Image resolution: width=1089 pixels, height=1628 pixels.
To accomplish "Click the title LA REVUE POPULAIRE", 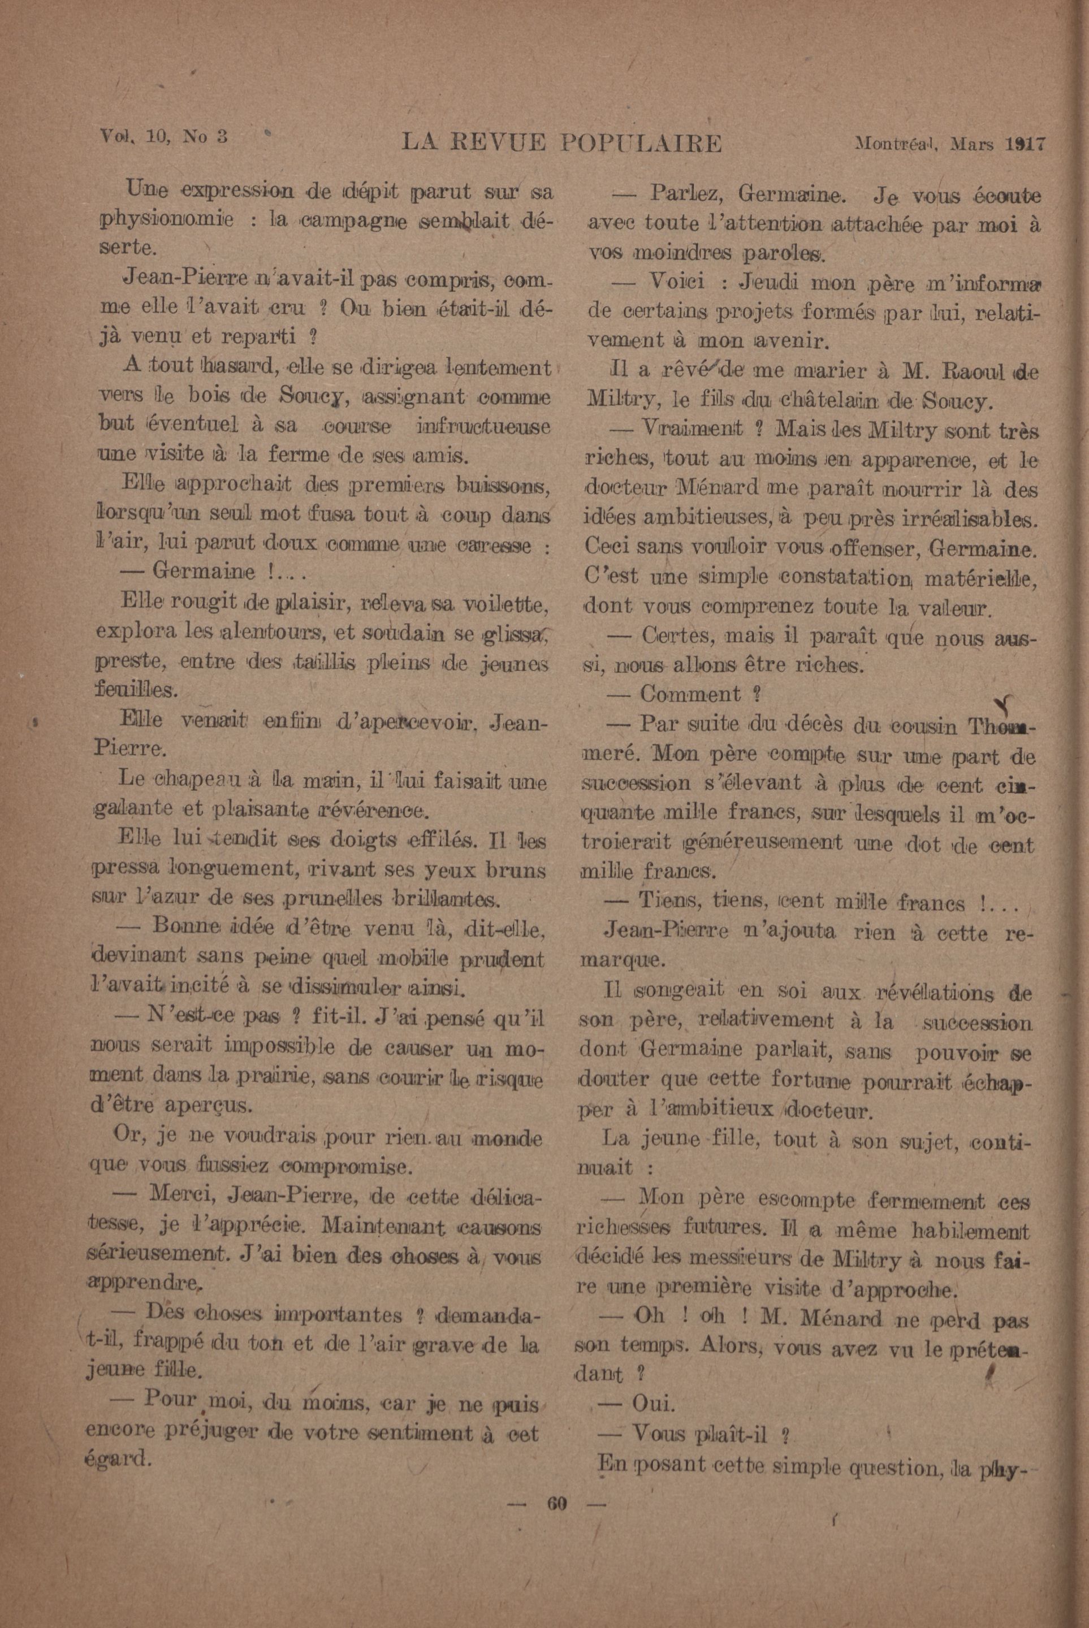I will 562,144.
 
